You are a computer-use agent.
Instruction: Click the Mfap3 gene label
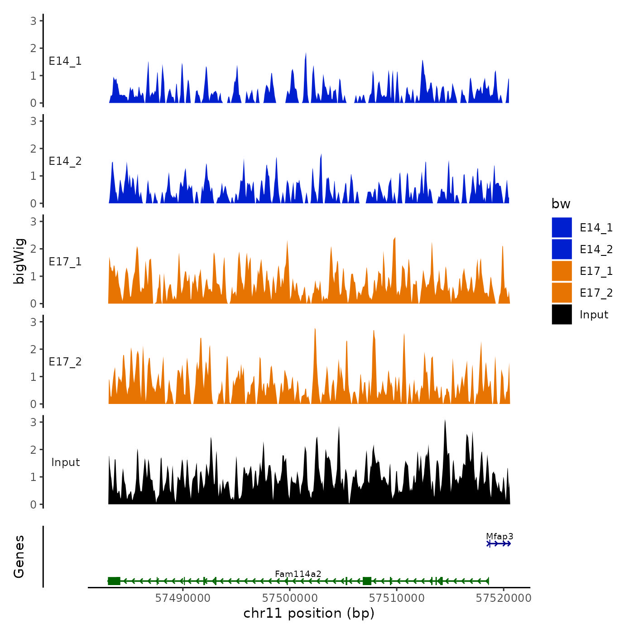[500, 537]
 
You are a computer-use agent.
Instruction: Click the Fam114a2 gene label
[298, 574]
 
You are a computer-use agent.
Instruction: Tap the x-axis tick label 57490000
[183, 598]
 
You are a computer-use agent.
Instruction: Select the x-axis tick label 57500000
[289, 598]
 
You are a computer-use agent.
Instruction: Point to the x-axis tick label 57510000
[397, 598]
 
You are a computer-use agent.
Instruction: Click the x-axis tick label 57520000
[503, 598]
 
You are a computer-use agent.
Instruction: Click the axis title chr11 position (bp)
[309, 614]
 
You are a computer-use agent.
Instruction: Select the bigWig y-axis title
[19, 261]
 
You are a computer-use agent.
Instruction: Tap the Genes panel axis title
[19, 557]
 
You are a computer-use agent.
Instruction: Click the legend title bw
[561, 204]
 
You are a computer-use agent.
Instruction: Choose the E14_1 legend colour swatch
[562, 227]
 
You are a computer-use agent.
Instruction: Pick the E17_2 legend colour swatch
[562, 293]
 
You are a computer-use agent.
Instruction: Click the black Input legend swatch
[562, 314]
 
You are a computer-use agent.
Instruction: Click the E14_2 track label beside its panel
[65, 161]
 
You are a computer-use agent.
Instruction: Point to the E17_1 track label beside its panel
[65, 262]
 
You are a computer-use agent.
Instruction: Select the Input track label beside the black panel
[65, 462]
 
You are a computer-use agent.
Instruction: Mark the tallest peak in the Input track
[445, 421]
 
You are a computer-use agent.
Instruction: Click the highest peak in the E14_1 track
[306, 54]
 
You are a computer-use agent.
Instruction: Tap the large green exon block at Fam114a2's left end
[114, 581]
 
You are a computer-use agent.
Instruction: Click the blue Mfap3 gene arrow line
[499, 544]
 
